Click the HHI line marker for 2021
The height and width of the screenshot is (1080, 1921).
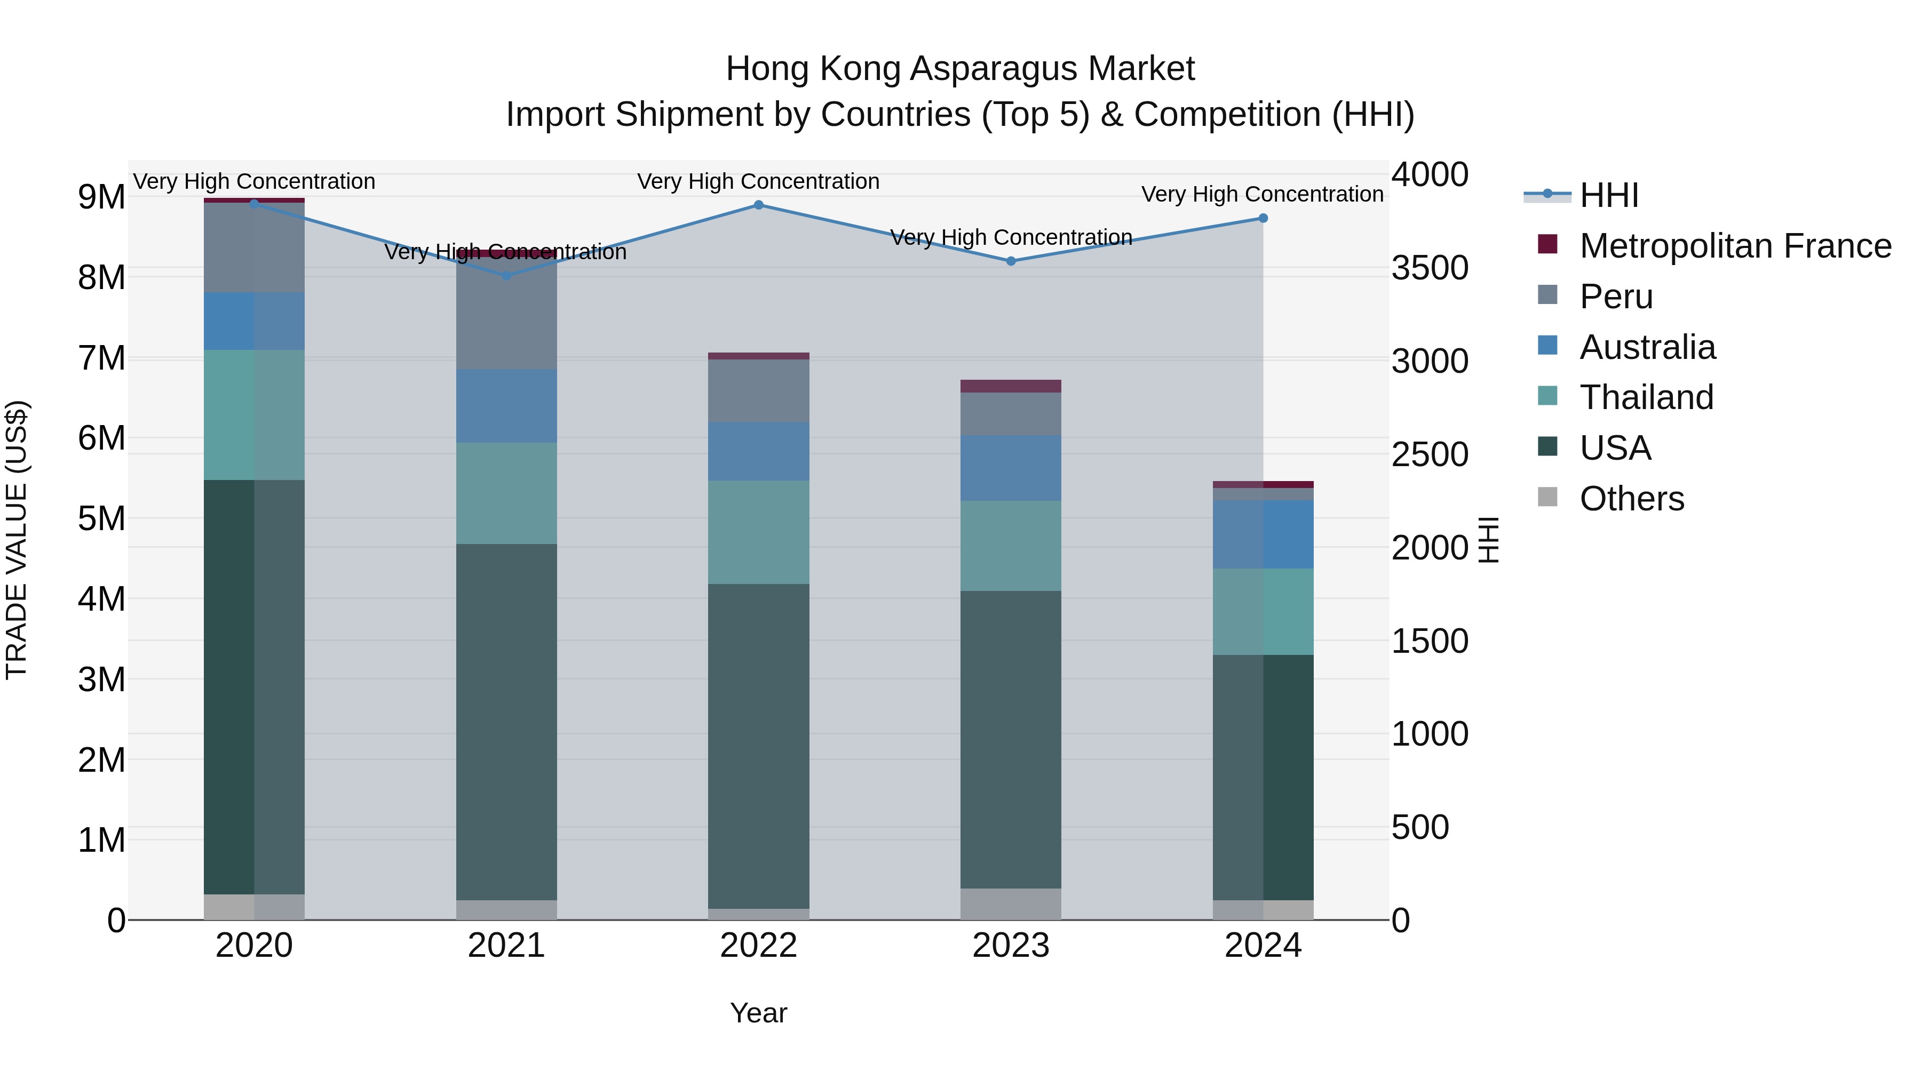tap(506, 276)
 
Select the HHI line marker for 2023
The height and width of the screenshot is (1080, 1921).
tap(1011, 261)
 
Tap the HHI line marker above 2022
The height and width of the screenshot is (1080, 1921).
tap(758, 205)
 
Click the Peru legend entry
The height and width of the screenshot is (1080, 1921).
tap(1615, 297)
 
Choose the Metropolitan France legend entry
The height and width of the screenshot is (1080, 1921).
tap(1735, 246)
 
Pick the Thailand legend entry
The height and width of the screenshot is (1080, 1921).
tap(1646, 397)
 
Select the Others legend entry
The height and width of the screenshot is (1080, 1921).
tap(1631, 499)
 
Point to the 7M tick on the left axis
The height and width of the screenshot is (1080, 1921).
tap(101, 358)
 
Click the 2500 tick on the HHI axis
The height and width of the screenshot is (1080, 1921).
tap(1430, 454)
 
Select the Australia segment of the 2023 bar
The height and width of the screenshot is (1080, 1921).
tap(1011, 468)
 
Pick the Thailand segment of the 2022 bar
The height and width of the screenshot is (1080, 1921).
tap(758, 532)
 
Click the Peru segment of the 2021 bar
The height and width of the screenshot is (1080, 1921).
tap(506, 313)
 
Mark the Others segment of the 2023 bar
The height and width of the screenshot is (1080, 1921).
tap(1011, 904)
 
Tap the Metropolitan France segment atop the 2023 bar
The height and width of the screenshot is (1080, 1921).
tap(1011, 386)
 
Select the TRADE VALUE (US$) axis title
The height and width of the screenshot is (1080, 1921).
tap(17, 540)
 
